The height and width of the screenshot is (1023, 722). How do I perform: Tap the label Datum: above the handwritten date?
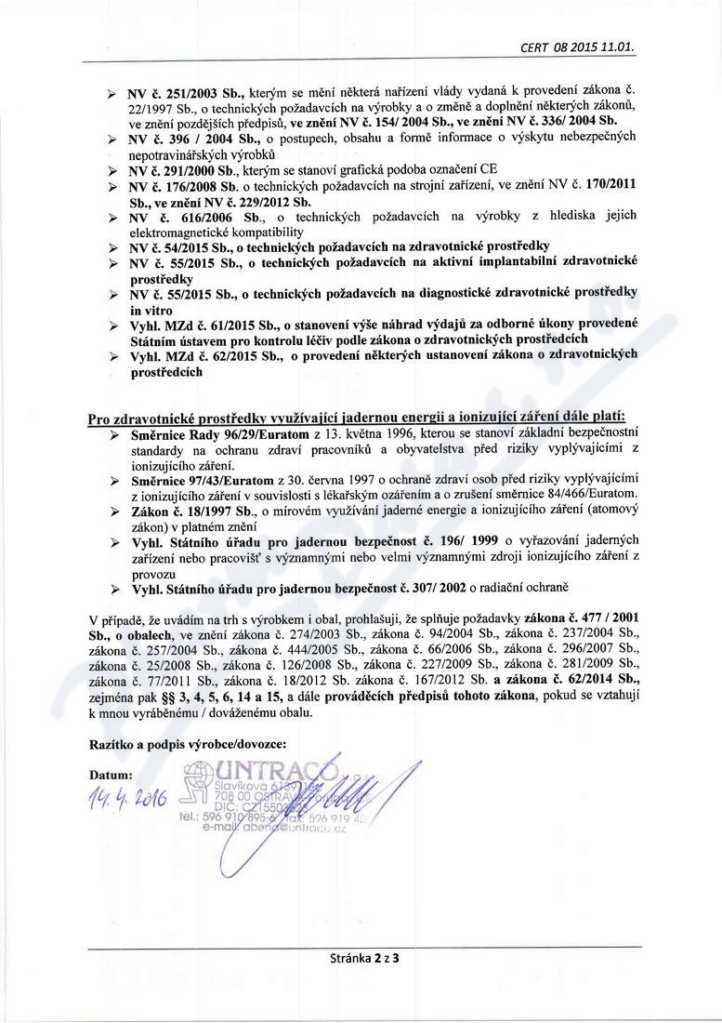pyautogui.click(x=112, y=774)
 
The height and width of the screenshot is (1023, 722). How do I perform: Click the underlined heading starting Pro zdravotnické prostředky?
pyautogui.click(x=356, y=415)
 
